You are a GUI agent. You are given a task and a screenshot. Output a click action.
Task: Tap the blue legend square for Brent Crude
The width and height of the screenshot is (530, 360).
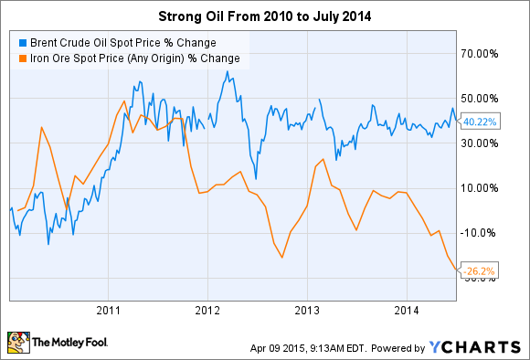coord(20,42)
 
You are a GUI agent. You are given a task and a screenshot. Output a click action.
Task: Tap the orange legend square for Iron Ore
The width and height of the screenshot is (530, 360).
coord(20,58)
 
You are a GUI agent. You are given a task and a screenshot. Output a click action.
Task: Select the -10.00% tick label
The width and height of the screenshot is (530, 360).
coord(479,233)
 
